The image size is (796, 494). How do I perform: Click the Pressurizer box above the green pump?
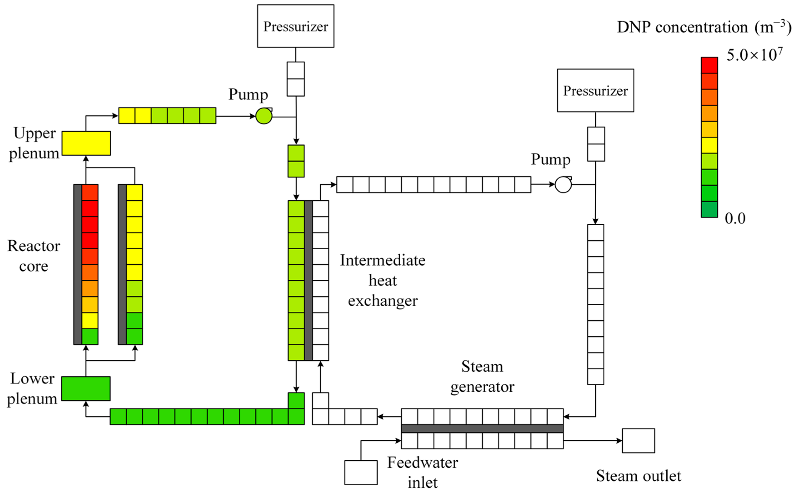click(295, 26)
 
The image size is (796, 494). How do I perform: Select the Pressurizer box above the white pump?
click(595, 90)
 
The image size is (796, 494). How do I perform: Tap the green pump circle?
click(264, 116)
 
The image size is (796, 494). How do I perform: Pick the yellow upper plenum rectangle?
click(86, 143)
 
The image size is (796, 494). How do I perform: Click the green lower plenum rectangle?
click(86, 389)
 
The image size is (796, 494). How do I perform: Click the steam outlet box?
click(638, 440)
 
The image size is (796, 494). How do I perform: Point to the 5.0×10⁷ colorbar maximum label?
click(754, 55)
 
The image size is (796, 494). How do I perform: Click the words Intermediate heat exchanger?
click(383, 280)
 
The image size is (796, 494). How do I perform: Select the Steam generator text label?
click(482, 377)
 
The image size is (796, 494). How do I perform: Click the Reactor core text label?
click(34, 256)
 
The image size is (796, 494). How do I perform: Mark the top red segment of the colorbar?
click(709, 65)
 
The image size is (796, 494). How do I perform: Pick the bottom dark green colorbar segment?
click(709, 209)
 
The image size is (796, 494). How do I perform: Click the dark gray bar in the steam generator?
click(482, 428)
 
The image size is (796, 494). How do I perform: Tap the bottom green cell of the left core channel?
click(90, 336)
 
